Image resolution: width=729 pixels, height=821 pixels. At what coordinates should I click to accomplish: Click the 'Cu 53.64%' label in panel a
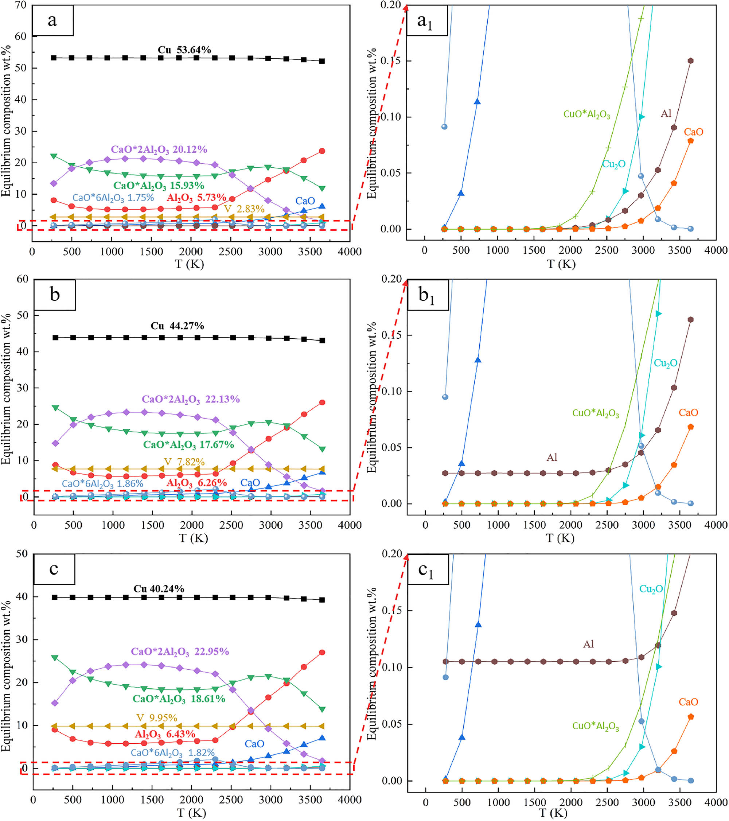184,50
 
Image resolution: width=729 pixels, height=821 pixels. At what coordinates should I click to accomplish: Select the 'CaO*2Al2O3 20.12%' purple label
159,150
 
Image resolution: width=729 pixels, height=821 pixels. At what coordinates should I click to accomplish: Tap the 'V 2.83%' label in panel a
244,209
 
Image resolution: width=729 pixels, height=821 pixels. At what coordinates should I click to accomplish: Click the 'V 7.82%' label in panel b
184,462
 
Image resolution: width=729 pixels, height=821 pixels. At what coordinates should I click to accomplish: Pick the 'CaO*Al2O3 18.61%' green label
179,699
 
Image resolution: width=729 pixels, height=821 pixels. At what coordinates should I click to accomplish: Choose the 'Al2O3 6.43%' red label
165,735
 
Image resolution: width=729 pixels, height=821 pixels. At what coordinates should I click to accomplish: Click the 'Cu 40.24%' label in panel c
159,589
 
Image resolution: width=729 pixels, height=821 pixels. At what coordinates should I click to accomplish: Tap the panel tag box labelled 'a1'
426,20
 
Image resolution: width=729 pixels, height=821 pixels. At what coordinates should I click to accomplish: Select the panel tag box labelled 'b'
55,295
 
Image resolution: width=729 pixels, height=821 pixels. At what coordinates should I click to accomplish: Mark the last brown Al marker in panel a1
690,61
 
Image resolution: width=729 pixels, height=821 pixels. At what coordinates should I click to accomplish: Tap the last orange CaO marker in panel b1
690,427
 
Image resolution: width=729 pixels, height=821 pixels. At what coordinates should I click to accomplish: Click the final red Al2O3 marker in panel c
322,652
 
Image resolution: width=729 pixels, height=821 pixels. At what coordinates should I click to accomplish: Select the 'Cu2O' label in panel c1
651,589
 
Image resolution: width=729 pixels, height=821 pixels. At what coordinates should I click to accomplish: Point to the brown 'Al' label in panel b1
551,458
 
